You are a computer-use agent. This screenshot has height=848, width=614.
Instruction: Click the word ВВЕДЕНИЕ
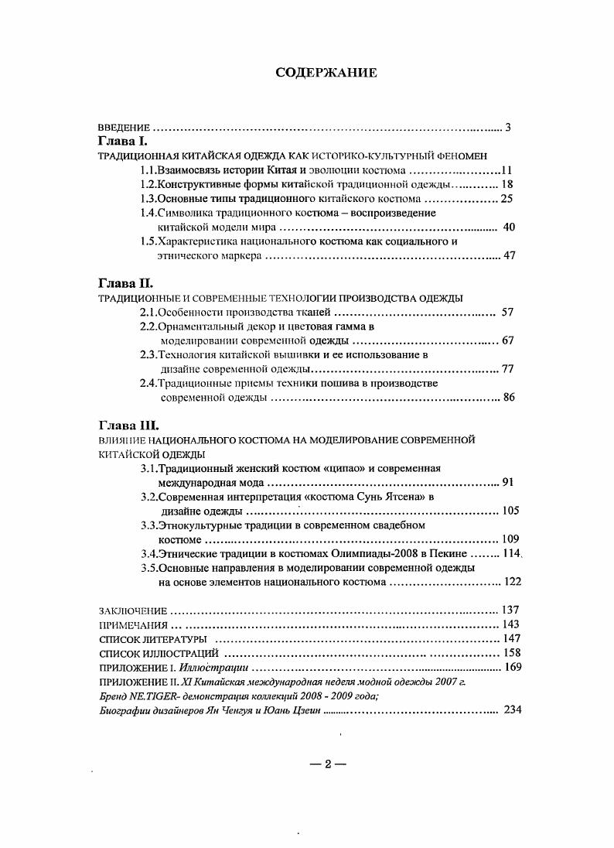124,127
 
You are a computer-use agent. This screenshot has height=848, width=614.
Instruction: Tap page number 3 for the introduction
508,127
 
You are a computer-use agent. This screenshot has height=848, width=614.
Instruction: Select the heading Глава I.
122,142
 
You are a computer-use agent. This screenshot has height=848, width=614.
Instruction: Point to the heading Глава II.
125,283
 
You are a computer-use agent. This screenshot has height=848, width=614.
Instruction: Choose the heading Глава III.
128,425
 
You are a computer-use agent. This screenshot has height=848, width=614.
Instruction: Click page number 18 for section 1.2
507,184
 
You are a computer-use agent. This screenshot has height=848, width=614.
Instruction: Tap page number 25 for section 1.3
507,199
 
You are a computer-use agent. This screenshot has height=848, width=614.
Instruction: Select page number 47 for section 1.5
509,255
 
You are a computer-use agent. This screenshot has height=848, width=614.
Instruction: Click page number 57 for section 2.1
507,312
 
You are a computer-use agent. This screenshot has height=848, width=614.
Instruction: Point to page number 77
508,368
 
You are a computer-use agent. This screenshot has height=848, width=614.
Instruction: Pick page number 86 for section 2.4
509,397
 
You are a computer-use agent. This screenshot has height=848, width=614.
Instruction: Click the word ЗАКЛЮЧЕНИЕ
133,610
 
